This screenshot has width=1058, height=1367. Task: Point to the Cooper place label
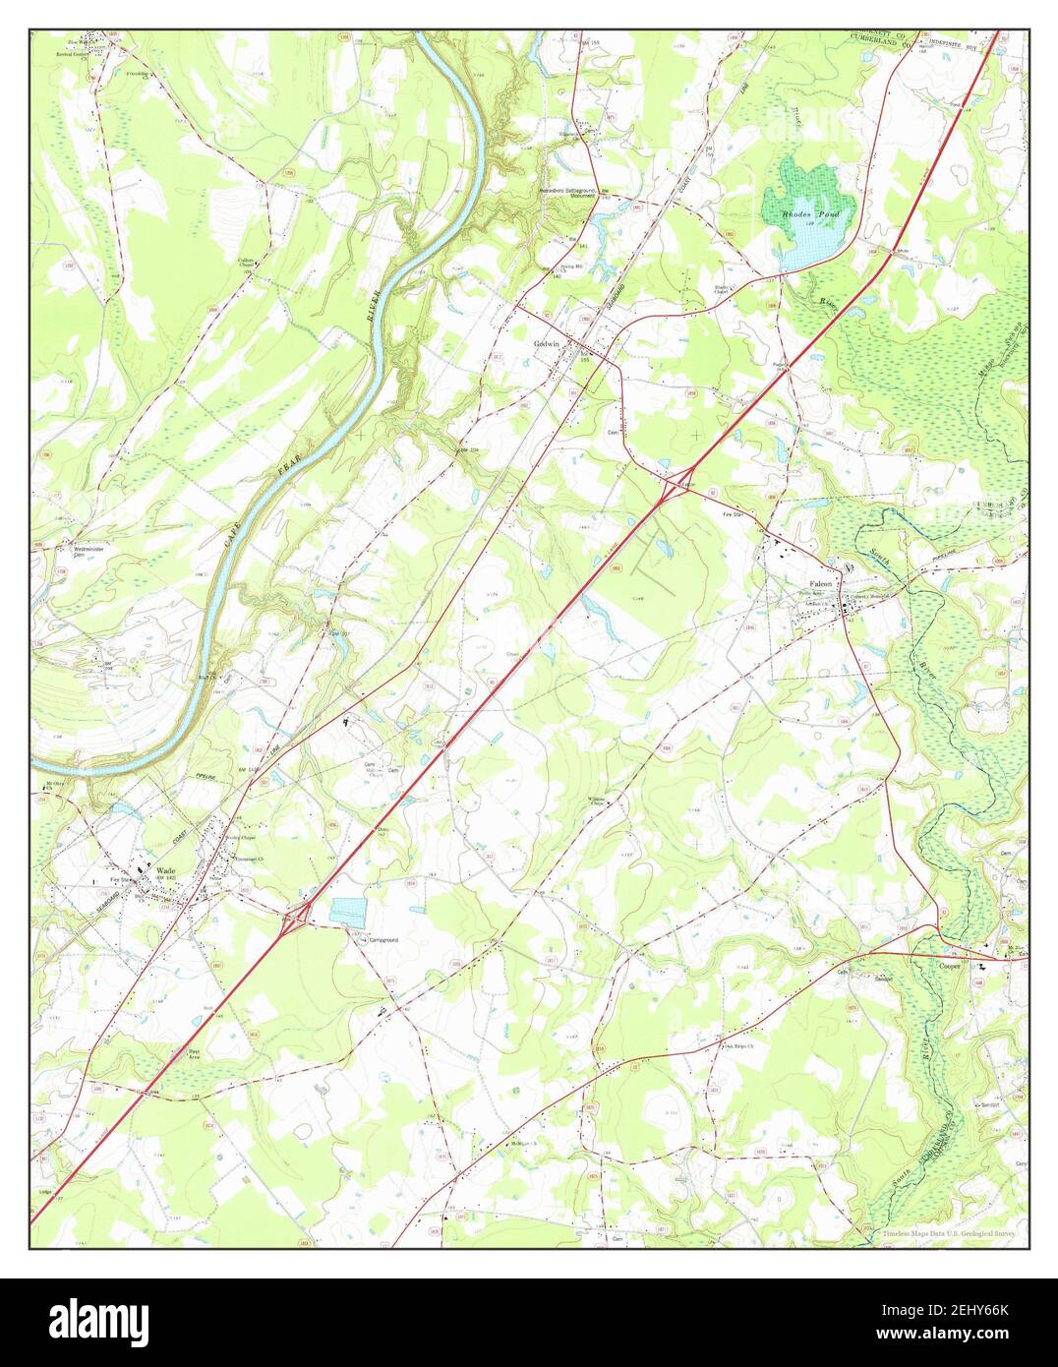[x=949, y=967]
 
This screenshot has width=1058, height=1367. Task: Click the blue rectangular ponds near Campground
[x=346, y=910]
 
